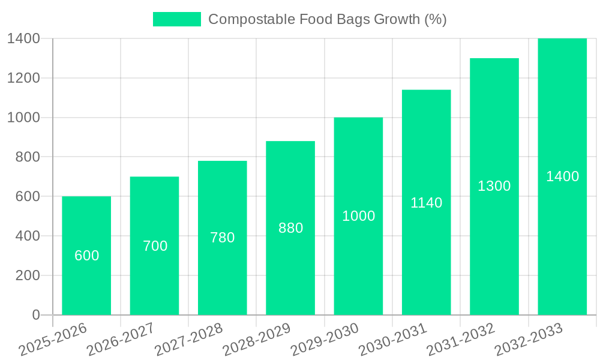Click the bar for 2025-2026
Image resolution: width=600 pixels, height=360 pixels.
point(86,282)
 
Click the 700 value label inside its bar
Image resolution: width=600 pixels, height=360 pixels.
point(155,246)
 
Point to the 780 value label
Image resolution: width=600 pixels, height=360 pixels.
point(223,238)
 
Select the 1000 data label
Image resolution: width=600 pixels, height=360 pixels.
point(358,216)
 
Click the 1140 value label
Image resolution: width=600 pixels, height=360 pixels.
point(426,203)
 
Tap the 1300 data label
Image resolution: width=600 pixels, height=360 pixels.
point(494,186)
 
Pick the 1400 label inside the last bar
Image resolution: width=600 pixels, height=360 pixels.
point(562,176)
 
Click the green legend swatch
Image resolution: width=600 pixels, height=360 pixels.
point(177,19)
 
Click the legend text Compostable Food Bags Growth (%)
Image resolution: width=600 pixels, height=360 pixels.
point(327,19)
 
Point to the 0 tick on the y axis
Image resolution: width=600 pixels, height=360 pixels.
point(35,315)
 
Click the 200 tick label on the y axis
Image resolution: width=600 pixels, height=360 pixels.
point(28,275)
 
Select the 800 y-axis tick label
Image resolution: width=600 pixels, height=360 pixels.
point(28,157)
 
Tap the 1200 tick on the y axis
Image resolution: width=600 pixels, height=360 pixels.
point(23,78)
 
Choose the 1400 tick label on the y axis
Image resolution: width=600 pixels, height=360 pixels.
point(23,38)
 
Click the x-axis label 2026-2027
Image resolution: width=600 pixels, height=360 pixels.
point(120,339)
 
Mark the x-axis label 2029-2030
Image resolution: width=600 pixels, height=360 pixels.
point(325,339)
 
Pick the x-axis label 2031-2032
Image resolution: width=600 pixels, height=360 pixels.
point(461,339)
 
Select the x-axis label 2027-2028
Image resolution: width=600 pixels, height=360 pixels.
point(188,339)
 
